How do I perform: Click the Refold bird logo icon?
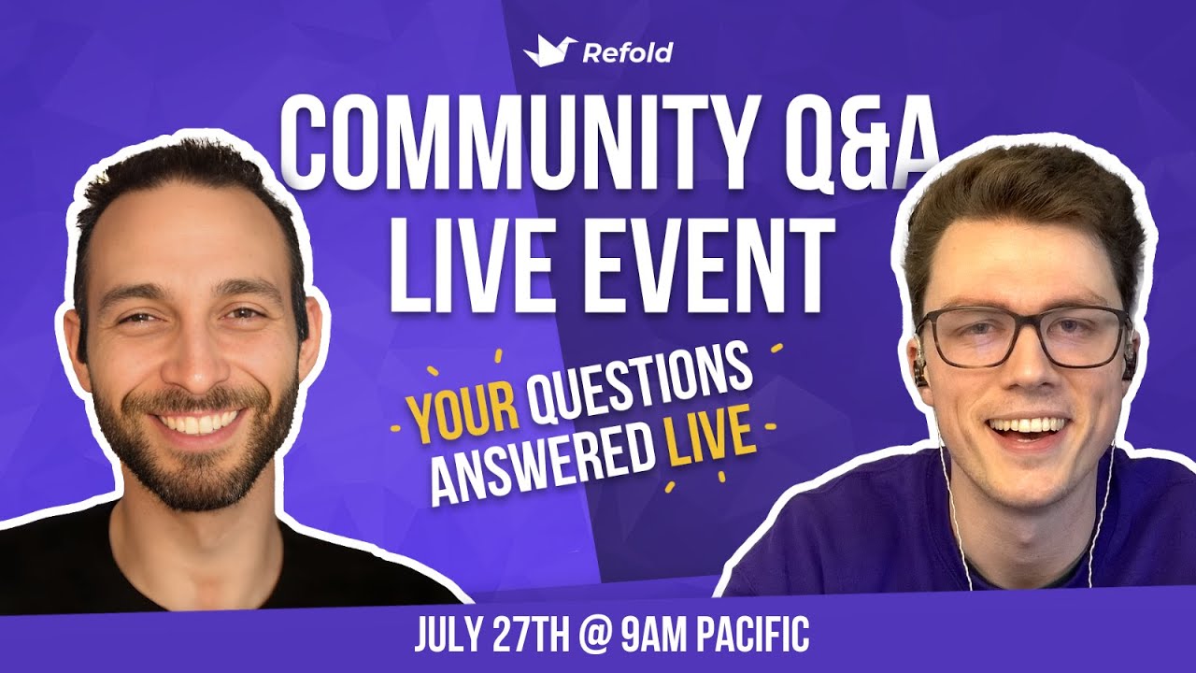click(x=549, y=50)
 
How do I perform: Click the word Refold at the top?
click(x=627, y=52)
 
